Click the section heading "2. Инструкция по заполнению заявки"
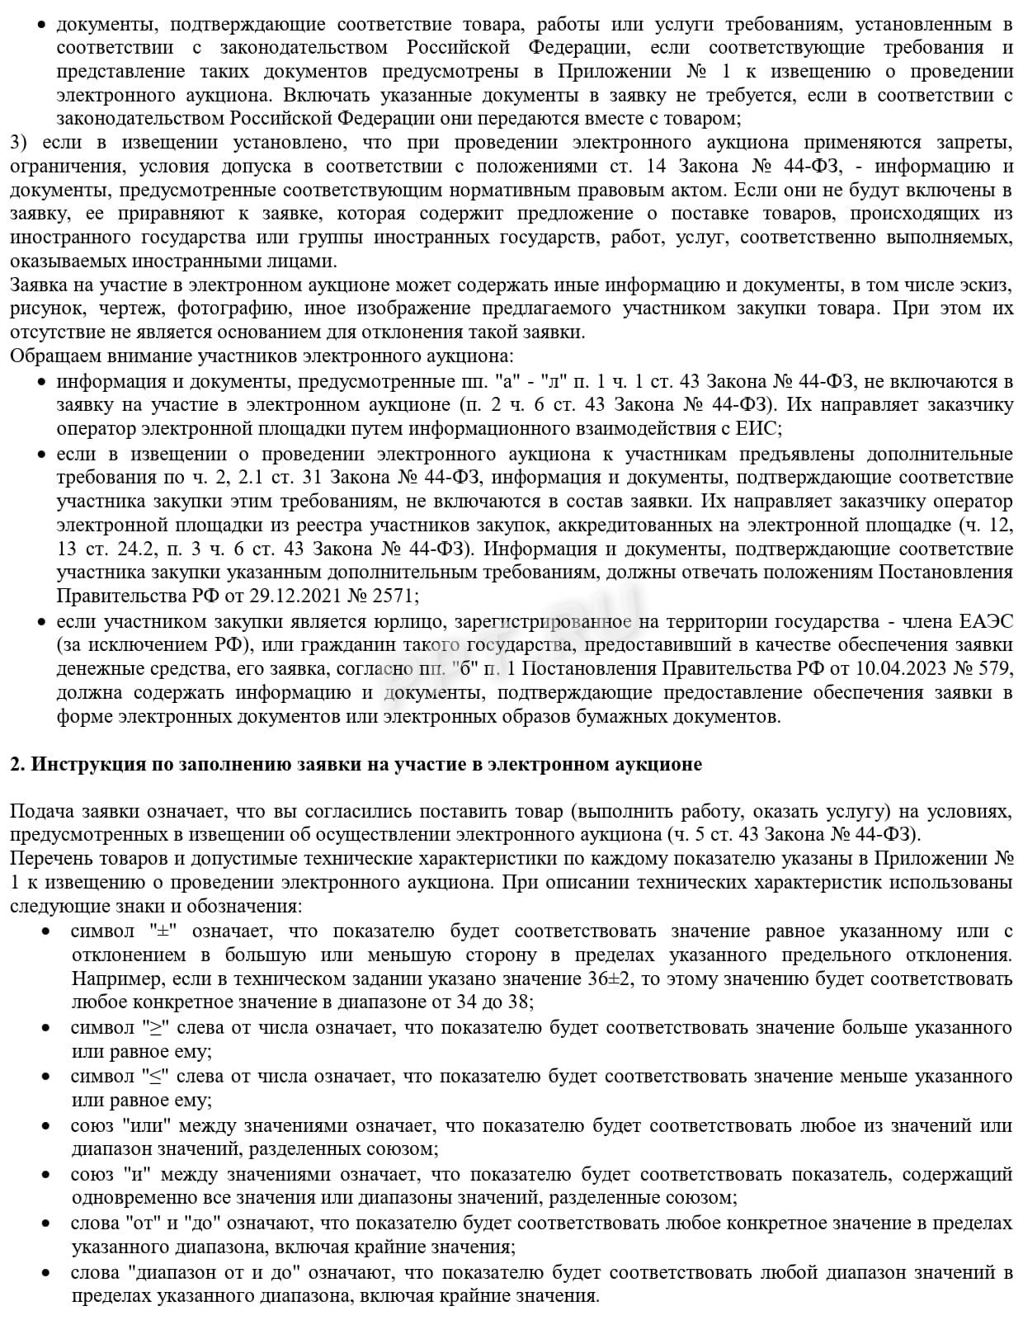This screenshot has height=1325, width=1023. point(356,764)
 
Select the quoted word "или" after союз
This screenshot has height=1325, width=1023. point(151,1125)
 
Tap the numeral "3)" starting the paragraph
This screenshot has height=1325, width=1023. point(18,143)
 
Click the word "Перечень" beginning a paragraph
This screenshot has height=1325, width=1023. point(47,858)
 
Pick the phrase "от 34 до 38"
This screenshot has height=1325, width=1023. point(486,1002)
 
